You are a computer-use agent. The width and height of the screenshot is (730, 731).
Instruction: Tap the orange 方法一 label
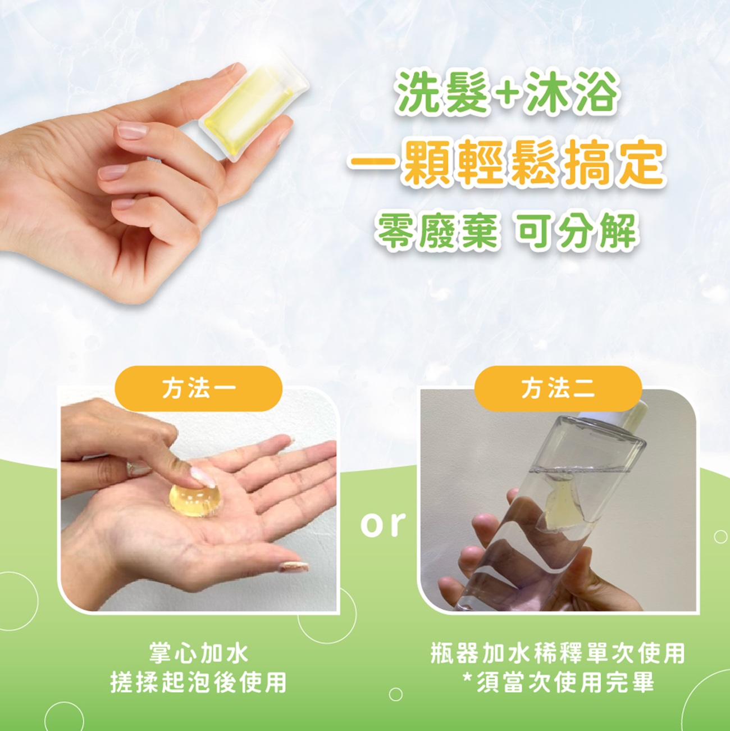click(199, 388)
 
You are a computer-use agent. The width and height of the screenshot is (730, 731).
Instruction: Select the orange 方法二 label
click(558, 388)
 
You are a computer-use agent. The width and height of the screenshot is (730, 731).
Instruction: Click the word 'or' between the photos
click(383, 524)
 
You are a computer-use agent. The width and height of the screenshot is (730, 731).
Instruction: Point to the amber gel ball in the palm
click(190, 500)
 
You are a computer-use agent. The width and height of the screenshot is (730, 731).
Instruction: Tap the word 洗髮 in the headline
click(441, 93)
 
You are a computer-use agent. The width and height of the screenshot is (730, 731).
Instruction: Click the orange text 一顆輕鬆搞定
click(507, 163)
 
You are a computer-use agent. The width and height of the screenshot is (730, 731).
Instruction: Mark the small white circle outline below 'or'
click(395, 694)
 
